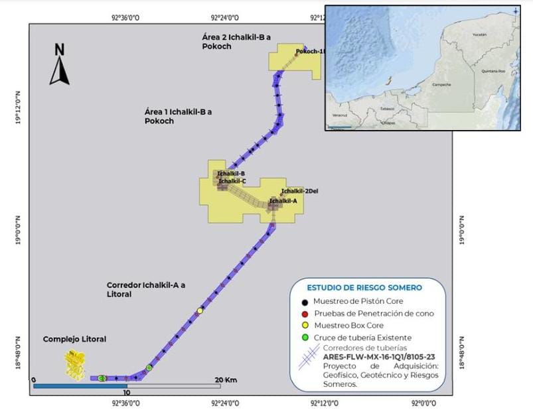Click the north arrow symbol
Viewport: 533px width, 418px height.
click(59, 65)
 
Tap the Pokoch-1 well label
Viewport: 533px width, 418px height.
click(310, 52)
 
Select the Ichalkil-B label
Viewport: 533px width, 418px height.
click(230, 173)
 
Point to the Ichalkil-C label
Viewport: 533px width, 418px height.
click(232, 181)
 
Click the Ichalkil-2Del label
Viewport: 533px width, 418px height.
click(299, 192)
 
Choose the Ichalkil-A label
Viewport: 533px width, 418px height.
click(283, 200)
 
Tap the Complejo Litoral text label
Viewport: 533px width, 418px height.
click(74, 339)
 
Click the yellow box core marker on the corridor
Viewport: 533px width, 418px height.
click(200, 311)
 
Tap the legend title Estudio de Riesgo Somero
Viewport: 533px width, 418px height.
click(364, 288)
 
